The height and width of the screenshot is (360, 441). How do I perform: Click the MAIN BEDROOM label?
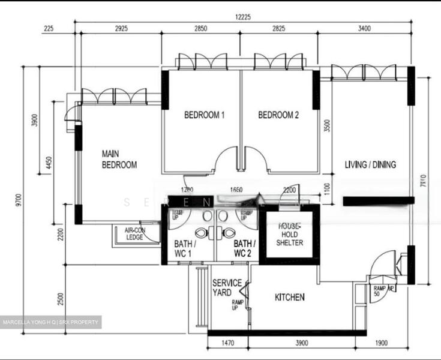click(x=119, y=159)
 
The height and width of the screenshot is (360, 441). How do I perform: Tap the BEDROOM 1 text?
click(x=204, y=115)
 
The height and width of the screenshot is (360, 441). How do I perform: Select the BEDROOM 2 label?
click(x=278, y=115)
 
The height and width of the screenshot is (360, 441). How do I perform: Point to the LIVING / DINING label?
click(x=370, y=164)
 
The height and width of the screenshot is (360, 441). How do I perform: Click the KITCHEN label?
click(x=290, y=297)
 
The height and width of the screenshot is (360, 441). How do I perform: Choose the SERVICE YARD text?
click(x=227, y=287)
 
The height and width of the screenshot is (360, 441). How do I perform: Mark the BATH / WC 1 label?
click(x=183, y=249)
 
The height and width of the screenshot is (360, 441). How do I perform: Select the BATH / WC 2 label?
click(x=244, y=249)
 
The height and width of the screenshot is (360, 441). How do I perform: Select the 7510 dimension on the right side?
click(x=423, y=182)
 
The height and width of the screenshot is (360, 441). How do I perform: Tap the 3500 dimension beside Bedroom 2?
click(x=326, y=130)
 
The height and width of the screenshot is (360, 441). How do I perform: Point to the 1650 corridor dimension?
click(x=236, y=190)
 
